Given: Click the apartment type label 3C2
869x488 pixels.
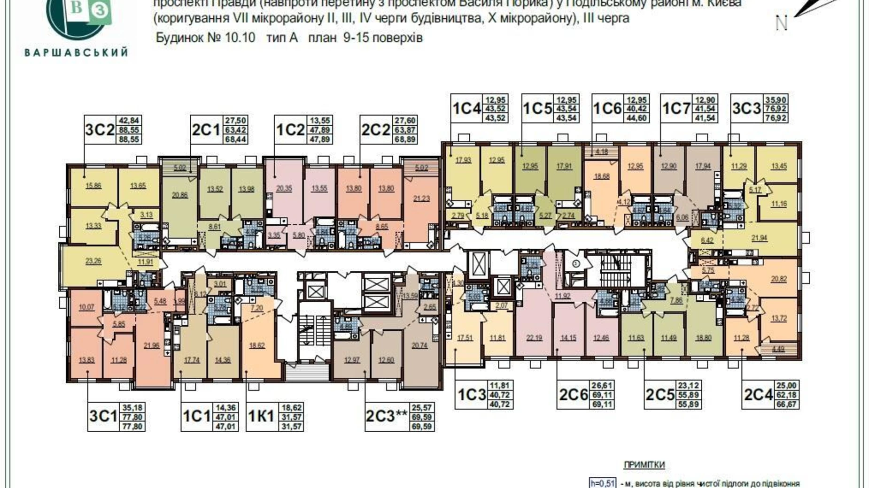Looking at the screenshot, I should pos(100,129).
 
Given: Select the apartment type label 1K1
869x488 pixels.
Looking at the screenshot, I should pos(261,416).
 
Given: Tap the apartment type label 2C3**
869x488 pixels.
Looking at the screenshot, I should pos(386,416).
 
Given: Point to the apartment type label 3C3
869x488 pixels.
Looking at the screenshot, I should pos(746,108).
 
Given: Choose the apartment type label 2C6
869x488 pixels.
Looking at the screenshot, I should pos(573,395).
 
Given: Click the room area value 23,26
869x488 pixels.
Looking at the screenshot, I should pos(93,261).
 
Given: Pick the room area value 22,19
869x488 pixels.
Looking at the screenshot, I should pos(535,337).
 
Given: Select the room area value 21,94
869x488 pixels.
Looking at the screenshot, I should pos(760,238).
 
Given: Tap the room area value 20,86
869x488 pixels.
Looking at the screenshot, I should pos(179,195).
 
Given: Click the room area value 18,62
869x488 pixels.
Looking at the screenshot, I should pos(257,345).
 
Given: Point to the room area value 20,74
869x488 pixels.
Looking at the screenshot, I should pos(419,345).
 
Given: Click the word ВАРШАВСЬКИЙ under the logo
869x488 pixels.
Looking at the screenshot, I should pos(76,52).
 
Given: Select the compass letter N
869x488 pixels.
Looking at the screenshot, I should pos(781,23).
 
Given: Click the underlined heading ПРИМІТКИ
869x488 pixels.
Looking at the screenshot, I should pos(644,465).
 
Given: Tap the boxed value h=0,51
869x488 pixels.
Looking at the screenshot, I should pos(602,483).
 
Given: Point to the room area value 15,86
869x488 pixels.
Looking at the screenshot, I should pos(93,186).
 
